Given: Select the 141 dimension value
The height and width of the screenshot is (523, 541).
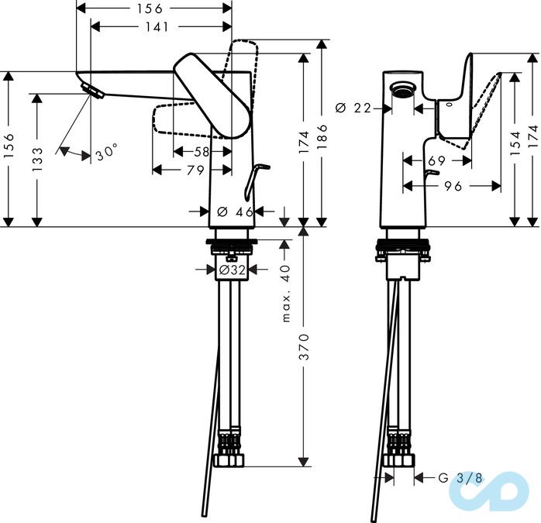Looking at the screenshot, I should tap(157, 27).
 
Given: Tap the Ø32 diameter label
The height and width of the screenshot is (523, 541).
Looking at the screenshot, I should tap(232, 270).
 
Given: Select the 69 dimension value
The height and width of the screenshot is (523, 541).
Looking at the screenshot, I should tap(437, 160).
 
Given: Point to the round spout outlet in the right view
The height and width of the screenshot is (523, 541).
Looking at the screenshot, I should tap(401, 89).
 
